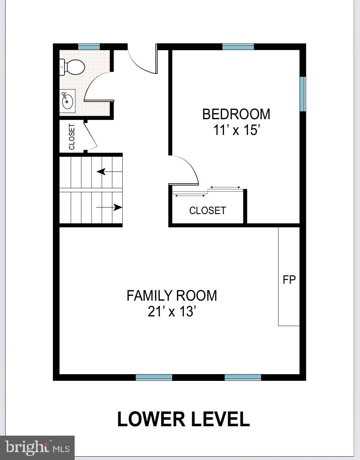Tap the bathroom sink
pos(67,100)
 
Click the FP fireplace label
pos(289,280)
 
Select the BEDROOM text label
pos(236,114)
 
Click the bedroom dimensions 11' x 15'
pos(236,130)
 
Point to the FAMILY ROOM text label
pos(172,296)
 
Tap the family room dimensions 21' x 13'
pos(172,312)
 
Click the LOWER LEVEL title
pos(183,419)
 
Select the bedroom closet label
pos(207,211)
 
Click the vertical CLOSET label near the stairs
pos(72,136)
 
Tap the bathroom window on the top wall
pos(89,47)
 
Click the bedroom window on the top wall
pos(238,47)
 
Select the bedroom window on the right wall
pos(303,94)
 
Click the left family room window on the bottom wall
pos(154,377)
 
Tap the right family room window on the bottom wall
pos(243,377)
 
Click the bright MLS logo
pos(37,447)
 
